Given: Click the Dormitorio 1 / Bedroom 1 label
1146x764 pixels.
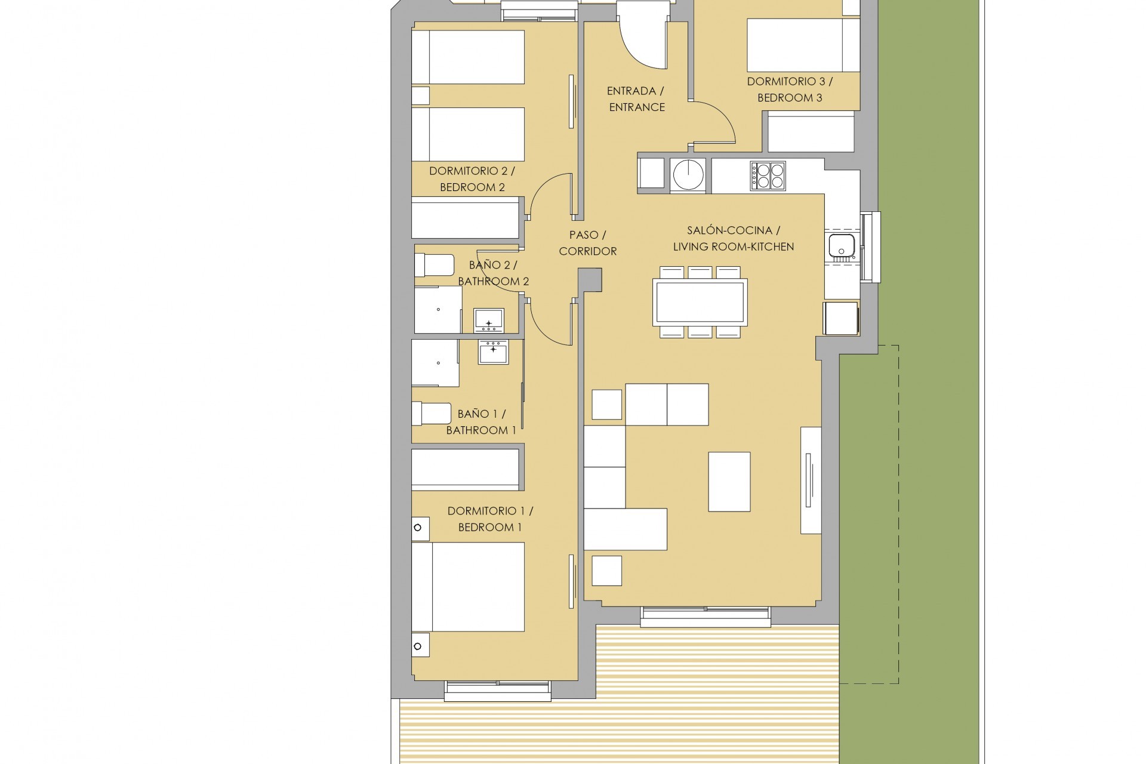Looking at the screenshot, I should click(489, 519).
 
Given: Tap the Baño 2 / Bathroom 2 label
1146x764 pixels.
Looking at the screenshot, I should click(493, 273).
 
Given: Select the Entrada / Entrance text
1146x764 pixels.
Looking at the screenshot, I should click(636, 99).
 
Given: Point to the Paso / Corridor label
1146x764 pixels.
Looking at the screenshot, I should click(587, 243).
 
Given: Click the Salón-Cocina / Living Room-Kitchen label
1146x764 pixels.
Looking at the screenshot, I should click(733, 238).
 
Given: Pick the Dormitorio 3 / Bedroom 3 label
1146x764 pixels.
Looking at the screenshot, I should click(789, 90).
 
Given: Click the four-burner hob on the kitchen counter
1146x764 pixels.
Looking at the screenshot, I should click(768, 176).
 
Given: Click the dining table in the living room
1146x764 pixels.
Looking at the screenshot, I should click(700, 303).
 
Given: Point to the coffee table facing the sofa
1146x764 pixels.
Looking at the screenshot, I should click(729, 482).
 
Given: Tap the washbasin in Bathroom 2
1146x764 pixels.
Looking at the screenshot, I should click(489, 321).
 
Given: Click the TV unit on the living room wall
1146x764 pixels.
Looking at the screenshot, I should click(811, 480).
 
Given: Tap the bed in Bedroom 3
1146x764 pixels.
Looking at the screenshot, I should click(803, 45).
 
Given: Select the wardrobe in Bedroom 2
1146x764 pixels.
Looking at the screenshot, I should click(466, 220).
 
